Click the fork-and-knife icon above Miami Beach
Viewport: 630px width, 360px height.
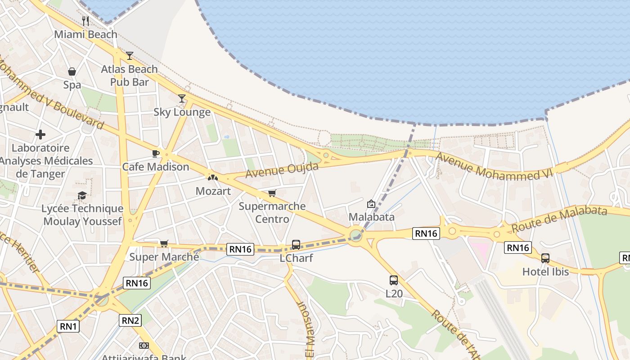click(x=85, y=21)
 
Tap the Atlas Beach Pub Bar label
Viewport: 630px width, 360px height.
click(x=129, y=76)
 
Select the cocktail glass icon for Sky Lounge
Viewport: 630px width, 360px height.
click(x=182, y=99)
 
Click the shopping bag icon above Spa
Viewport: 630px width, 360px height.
click(x=72, y=72)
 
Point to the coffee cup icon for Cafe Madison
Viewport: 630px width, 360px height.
click(x=156, y=153)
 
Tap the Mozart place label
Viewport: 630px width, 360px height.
click(x=213, y=191)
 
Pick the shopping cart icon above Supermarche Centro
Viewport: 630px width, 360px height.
click(x=272, y=193)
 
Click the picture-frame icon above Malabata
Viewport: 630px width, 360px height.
click(x=371, y=204)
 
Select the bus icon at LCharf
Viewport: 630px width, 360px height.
click(x=296, y=245)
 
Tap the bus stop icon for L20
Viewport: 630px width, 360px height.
click(x=393, y=280)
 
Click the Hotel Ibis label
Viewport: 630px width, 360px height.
click(x=545, y=272)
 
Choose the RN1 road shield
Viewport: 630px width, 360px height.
click(x=68, y=326)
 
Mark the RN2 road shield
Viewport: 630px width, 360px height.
click(x=130, y=320)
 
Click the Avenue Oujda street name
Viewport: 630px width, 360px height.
click(x=282, y=170)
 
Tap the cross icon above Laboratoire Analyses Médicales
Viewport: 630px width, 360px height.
click(x=40, y=135)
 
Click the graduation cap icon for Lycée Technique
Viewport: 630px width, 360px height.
click(x=82, y=195)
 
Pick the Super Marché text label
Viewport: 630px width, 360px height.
click(x=164, y=257)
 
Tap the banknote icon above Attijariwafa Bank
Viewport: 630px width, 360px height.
click(x=144, y=346)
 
